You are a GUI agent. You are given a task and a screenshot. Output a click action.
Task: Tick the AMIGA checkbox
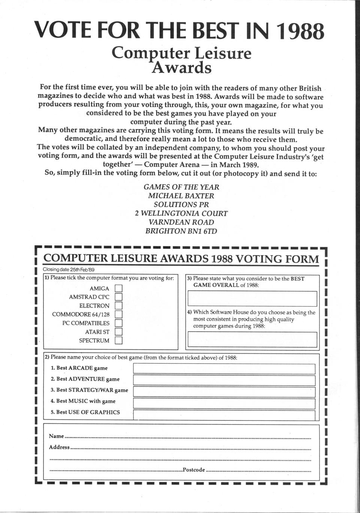click(x=118, y=289)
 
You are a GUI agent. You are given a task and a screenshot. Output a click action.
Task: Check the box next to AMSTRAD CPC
click(x=118, y=297)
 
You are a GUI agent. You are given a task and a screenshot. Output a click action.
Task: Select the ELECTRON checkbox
click(x=118, y=306)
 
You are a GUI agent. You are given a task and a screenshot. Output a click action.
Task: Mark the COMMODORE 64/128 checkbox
click(x=118, y=314)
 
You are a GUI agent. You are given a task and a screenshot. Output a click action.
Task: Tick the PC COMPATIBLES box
click(x=118, y=323)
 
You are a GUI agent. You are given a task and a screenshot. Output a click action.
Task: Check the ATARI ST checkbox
click(x=118, y=332)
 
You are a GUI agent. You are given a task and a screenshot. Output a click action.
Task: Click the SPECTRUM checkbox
click(x=118, y=341)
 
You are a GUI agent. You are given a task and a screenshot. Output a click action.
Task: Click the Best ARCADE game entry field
click(x=224, y=369)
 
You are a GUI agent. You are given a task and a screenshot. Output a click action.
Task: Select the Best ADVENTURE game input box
click(x=224, y=380)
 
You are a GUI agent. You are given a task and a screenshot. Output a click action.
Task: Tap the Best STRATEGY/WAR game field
click(x=224, y=392)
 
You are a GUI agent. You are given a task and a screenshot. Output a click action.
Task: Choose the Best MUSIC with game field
click(x=224, y=403)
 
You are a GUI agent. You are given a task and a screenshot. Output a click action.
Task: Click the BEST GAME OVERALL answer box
click(x=252, y=299)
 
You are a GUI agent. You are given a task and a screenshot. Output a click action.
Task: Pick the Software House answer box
click(x=252, y=340)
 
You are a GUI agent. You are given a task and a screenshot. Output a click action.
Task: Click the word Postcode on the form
click(x=194, y=470)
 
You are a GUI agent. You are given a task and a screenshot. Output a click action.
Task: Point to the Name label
click(x=56, y=436)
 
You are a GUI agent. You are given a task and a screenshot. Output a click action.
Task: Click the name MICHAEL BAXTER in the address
click(x=181, y=196)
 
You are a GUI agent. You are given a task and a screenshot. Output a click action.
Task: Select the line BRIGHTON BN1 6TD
click(x=181, y=231)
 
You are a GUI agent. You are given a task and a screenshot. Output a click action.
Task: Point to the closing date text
click(x=68, y=269)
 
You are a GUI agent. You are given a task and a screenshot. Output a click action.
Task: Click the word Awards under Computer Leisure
click(x=182, y=68)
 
